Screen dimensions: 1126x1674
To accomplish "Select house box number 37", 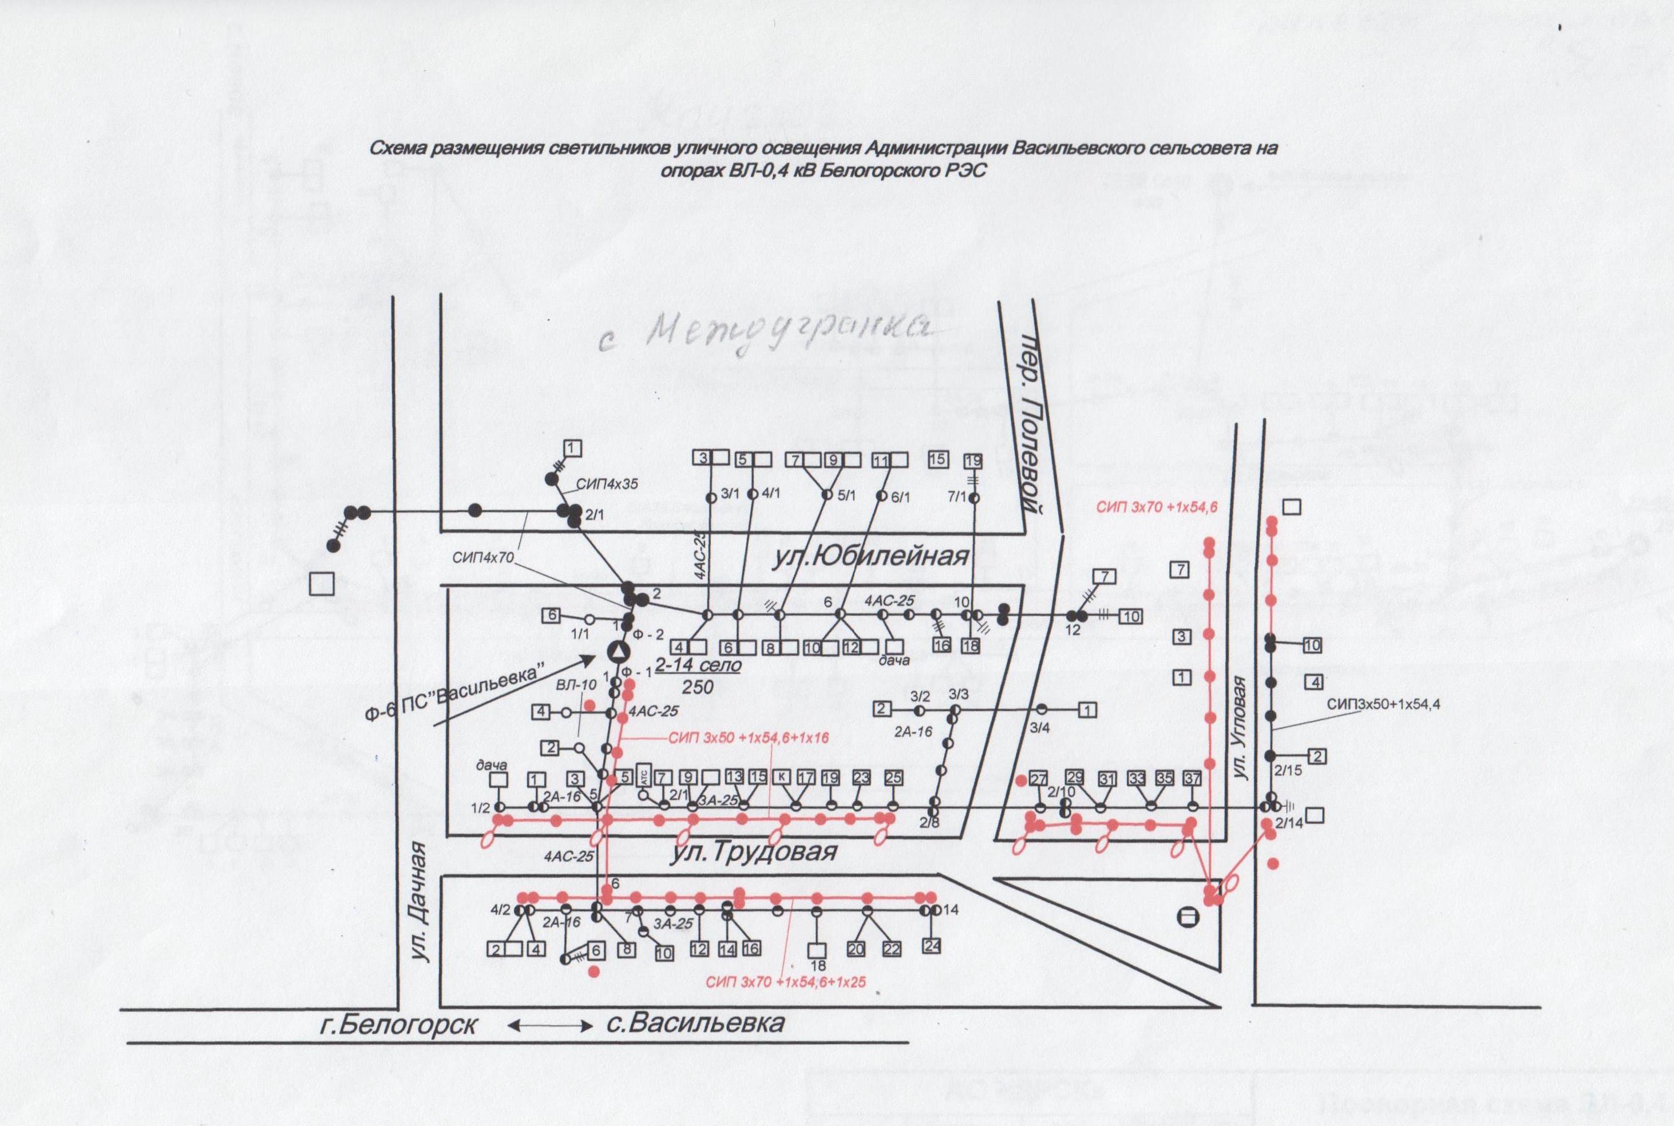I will coord(1192,778).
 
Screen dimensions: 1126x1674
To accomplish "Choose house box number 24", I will coord(932,946).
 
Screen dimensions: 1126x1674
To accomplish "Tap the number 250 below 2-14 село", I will coord(697,687).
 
